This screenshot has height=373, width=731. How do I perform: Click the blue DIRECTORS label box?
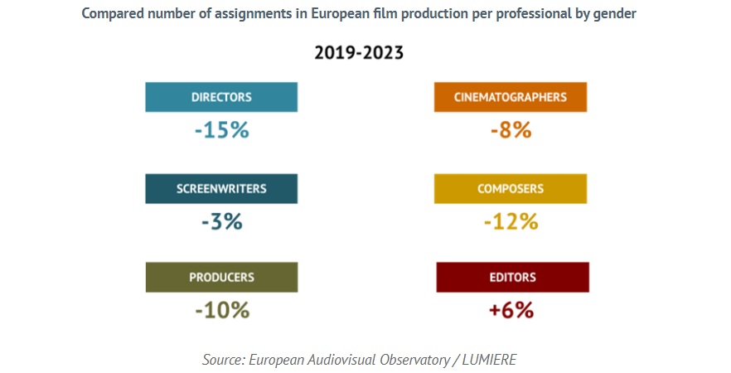pyautogui.click(x=221, y=97)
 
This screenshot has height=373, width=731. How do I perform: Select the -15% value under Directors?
pyautogui.click(x=221, y=130)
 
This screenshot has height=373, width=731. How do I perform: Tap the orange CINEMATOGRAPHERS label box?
pyautogui.click(x=510, y=97)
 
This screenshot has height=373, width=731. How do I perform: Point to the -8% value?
pyautogui.click(x=510, y=130)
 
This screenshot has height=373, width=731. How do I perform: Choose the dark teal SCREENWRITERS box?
pyautogui.click(x=221, y=188)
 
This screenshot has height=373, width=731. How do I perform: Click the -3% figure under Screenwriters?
pyautogui.click(x=221, y=221)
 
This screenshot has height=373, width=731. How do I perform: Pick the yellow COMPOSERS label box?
pyautogui.click(x=510, y=188)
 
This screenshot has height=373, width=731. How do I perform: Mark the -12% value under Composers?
pyautogui.click(x=511, y=221)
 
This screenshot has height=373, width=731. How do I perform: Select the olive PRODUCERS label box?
pyautogui.click(x=221, y=277)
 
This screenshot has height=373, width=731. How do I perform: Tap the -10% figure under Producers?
pyautogui.click(x=221, y=310)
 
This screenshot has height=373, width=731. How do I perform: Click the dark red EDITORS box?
pyautogui.click(x=512, y=277)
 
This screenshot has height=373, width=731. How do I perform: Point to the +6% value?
pyautogui.click(x=511, y=310)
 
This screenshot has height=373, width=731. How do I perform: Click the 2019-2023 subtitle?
pyautogui.click(x=359, y=54)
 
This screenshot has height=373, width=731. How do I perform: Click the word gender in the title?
pyautogui.click(x=617, y=15)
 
